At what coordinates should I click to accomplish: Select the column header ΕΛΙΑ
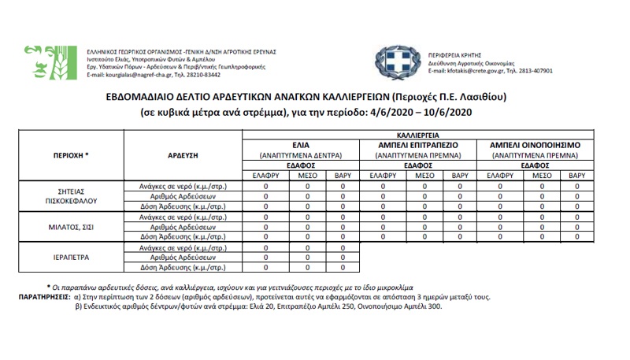click(300, 146)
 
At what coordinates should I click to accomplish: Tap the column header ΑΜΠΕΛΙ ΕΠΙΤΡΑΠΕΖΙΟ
click(418, 146)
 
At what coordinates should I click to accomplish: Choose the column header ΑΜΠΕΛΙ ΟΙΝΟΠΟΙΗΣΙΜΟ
click(535, 146)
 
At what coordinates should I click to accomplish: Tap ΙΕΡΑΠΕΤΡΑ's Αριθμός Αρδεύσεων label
click(182, 257)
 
